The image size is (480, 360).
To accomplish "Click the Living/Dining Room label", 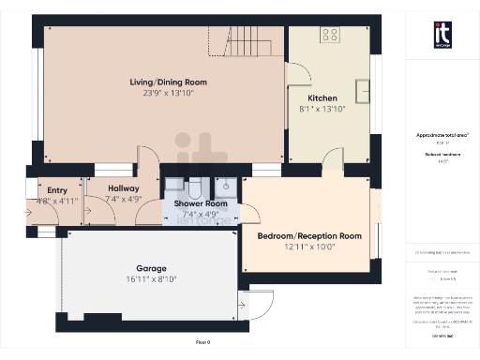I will coord(169,82).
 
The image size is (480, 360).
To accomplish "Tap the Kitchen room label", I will coord(323,97).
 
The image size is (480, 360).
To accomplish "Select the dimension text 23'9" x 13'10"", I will coord(169,94).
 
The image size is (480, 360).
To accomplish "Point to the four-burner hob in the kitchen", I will coord(330,36).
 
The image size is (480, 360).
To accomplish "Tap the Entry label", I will coord(45,189).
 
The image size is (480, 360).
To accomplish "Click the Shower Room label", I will coord(201,203).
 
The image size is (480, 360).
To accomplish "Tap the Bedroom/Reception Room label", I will coord(309,235).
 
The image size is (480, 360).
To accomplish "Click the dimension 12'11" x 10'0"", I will coord(309,247).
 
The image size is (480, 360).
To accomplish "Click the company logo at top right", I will coord(443,34).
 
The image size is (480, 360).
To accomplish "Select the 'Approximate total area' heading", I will coord(442,135).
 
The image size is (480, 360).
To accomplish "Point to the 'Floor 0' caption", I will coord(203,343).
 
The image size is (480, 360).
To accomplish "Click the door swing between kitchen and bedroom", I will coord(333,161).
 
